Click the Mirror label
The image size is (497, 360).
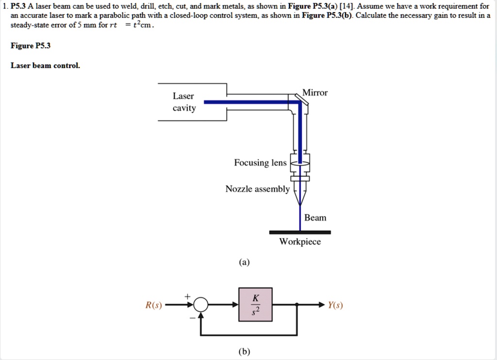tap(315, 93)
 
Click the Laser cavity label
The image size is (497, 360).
tap(184, 102)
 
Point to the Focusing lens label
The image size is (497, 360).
tap(260, 163)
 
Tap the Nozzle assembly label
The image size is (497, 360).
tap(257, 189)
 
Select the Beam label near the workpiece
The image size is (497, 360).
tap(315, 218)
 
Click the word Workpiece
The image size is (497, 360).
tap(300, 242)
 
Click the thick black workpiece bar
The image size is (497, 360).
tap(300, 232)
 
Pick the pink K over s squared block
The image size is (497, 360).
tap(255, 305)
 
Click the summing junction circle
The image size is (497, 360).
tap(201, 305)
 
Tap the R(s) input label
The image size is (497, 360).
tap(154, 305)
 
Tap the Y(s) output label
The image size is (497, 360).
tap(335, 305)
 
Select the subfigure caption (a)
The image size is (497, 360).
tap(244, 262)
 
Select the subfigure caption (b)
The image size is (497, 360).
tap(244, 352)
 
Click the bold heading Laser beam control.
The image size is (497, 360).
tap(45, 65)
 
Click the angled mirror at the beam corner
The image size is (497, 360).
tap(301, 99)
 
